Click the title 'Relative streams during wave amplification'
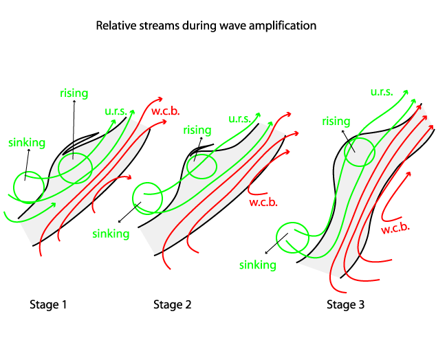coord(206,26)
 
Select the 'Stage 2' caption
coord(172,304)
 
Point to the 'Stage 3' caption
coord(345,304)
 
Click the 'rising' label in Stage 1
coord(74,93)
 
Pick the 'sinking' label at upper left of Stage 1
coord(27,143)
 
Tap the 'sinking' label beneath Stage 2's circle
coord(111,234)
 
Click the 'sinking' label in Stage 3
coord(258,265)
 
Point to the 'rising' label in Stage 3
coord(336,122)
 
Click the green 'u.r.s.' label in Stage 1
coord(118,111)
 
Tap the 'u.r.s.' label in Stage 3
coord(383,91)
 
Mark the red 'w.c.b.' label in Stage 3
coord(395,228)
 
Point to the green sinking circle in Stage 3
coord(292,238)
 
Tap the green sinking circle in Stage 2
coord(146,198)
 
